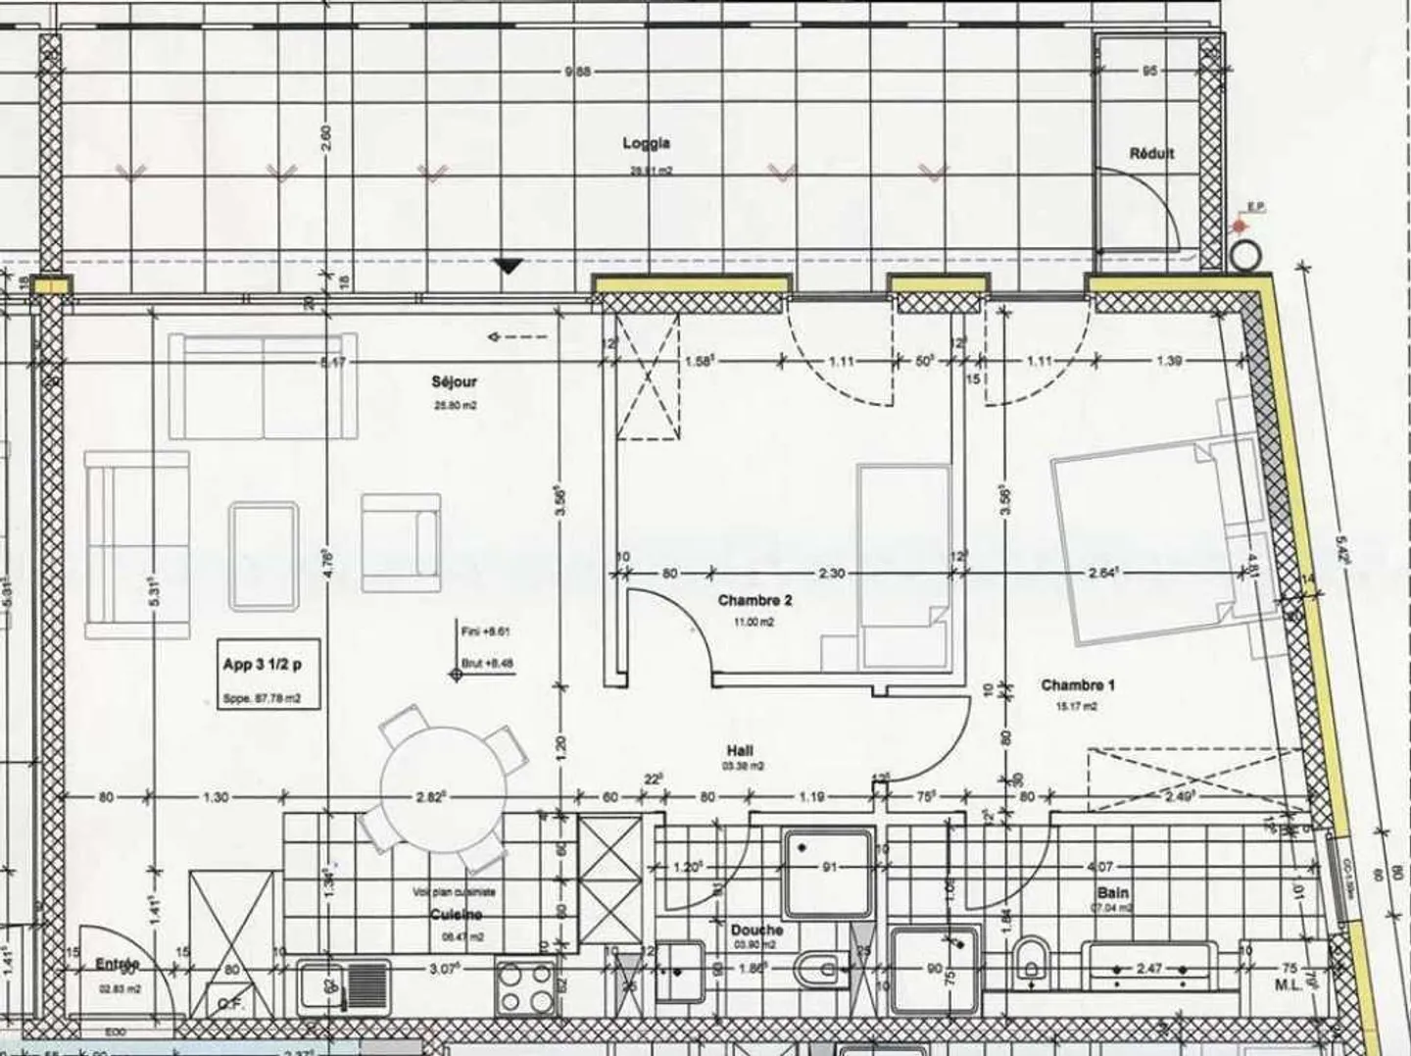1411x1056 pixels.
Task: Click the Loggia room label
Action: pos(646,143)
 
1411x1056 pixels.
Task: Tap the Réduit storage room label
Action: pos(1151,153)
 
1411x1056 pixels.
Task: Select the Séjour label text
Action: pos(454,381)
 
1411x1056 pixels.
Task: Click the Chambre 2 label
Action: pos(754,600)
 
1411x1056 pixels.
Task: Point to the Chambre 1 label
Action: pos(1077,685)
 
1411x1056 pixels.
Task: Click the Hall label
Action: pos(741,750)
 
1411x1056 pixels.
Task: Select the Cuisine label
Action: pos(456,914)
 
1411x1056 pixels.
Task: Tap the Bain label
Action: pos(1113,892)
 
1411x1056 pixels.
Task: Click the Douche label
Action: pos(756,930)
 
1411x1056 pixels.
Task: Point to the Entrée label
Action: pos(117,965)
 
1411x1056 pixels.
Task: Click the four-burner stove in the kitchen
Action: pos(526,986)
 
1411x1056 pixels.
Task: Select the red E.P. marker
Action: pos(1241,226)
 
